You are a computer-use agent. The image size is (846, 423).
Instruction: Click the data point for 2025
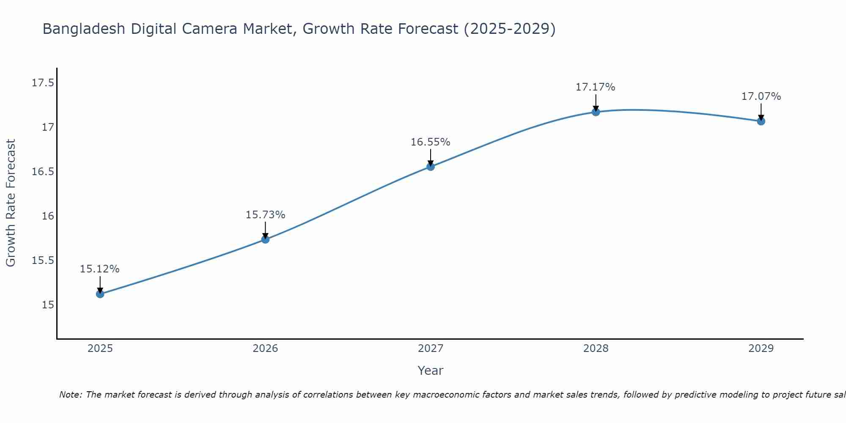(x=100, y=294)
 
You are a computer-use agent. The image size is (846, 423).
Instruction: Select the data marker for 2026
(x=265, y=239)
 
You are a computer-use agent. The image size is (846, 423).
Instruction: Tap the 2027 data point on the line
(x=431, y=166)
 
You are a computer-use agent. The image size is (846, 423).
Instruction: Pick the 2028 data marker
(x=596, y=112)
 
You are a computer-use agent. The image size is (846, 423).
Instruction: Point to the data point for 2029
(x=761, y=121)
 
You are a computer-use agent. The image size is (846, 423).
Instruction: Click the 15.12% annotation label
(x=100, y=269)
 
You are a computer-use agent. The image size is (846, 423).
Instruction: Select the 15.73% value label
(x=265, y=215)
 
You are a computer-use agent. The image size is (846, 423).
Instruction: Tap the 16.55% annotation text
(x=431, y=142)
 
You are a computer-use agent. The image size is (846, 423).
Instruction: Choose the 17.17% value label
(x=595, y=87)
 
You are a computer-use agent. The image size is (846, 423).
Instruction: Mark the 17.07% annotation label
(x=761, y=96)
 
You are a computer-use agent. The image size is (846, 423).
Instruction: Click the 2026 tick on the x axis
(x=265, y=349)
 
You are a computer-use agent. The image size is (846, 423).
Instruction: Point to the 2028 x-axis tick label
(x=596, y=349)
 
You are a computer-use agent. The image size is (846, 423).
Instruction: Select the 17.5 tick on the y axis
(x=43, y=82)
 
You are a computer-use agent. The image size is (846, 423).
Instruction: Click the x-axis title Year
(x=430, y=371)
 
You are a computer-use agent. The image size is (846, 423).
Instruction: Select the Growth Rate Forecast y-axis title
(x=11, y=203)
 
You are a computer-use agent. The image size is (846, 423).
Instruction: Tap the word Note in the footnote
(x=70, y=395)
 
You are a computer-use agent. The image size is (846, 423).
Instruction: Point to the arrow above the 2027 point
(x=431, y=157)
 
